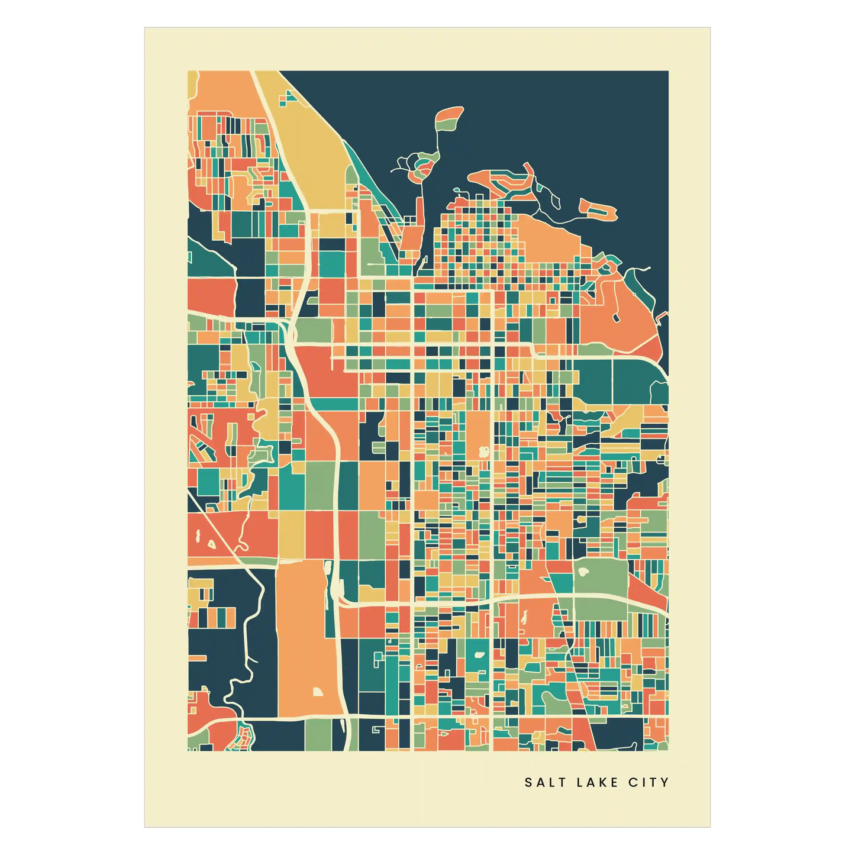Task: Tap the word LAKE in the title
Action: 598,782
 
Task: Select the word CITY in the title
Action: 648,782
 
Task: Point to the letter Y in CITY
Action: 665,782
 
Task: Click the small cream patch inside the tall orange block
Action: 318,692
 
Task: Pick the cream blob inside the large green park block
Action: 582,573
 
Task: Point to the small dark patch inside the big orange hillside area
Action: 617,318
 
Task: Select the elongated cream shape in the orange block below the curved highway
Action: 524,618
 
